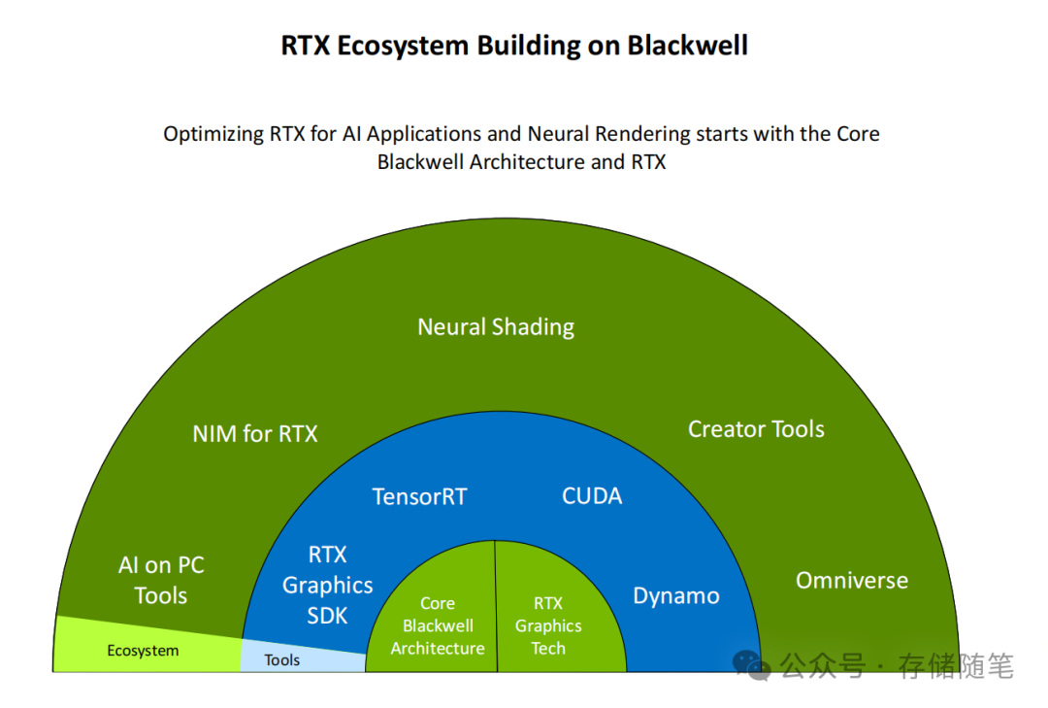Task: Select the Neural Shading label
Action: click(x=496, y=327)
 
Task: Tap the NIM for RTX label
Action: click(x=255, y=433)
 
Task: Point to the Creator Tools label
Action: click(x=756, y=429)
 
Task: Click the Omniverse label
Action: click(x=852, y=581)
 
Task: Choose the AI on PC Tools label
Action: click(x=161, y=581)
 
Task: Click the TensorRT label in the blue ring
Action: click(x=419, y=497)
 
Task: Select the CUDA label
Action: click(x=592, y=496)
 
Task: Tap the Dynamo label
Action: click(x=676, y=596)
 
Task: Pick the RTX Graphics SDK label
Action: click(x=327, y=585)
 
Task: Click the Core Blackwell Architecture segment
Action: click(x=437, y=626)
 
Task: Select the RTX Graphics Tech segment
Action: click(x=548, y=626)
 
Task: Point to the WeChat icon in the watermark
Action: click(x=751, y=665)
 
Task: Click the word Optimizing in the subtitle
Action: click(x=213, y=134)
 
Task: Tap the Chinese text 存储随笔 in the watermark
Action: click(x=956, y=666)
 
